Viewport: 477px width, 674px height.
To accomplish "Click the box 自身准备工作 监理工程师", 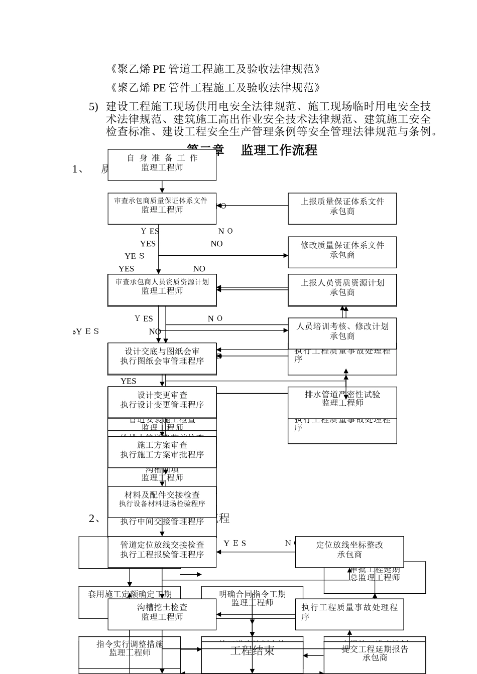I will (162, 164).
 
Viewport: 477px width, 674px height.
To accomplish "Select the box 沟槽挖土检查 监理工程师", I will (162, 613).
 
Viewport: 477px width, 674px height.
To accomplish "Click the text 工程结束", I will (252, 651).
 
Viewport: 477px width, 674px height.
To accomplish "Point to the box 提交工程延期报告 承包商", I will (375, 654).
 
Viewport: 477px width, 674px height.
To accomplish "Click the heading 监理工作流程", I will (279, 150).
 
